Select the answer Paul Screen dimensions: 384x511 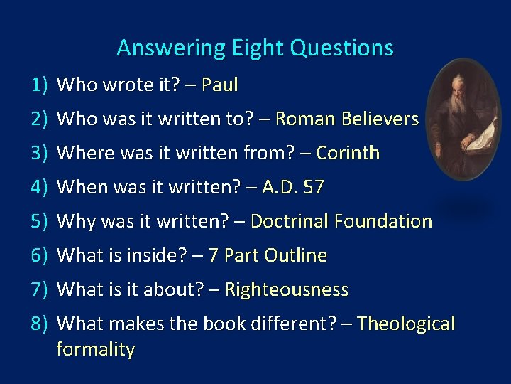click(220, 85)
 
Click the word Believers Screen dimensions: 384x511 click(380, 119)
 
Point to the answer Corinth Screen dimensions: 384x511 click(348, 153)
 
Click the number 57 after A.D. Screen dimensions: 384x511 click(313, 187)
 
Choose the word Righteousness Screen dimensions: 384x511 click(287, 289)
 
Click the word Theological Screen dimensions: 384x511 click(406, 324)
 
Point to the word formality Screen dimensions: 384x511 click(95, 349)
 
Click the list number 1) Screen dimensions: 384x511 click(38, 85)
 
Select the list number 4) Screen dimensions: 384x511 click(38, 187)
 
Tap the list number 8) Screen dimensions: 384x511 click(38, 324)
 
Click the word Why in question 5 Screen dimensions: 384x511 click(72, 221)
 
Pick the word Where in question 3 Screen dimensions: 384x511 click(79, 153)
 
